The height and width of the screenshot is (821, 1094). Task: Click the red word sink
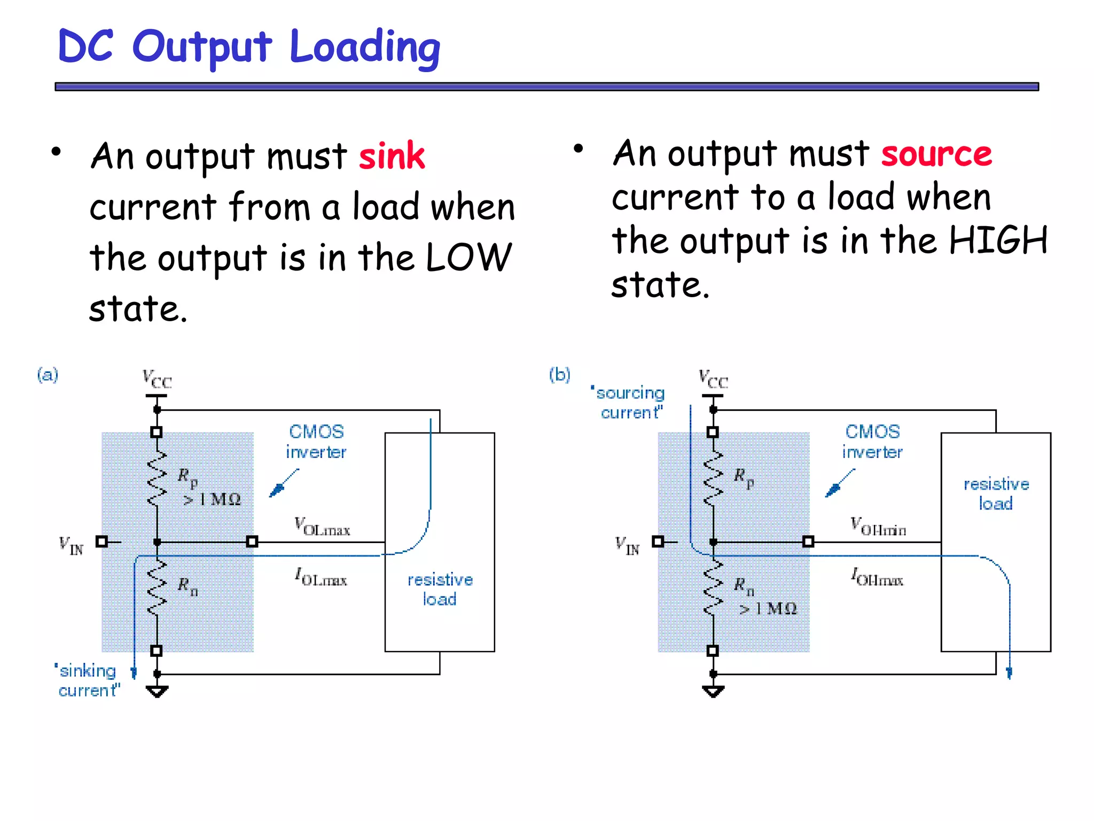(392, 157)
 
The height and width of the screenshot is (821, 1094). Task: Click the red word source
(936, 154)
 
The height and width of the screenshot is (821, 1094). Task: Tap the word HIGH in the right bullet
(998, 241)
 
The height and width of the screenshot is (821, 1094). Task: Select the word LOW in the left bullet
(468, 258)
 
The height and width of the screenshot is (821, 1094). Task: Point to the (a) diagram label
(48, 375)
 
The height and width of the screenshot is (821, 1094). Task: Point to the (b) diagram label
(559, 375)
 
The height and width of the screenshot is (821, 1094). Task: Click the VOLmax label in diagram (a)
(322, 526)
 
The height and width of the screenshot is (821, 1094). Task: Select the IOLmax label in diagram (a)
(321, 577)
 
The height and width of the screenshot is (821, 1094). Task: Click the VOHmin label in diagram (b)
(878, 526)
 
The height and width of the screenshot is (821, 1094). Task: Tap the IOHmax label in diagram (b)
(877, 577)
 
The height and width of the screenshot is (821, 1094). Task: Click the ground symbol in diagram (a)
(157, 692)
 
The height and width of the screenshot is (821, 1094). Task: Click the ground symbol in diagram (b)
(713, 692)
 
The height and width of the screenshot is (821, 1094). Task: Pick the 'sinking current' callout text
(88, 680)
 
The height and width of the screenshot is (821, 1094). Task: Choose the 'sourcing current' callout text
(629, 402)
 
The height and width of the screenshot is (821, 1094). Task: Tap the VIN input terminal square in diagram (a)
(101, 541)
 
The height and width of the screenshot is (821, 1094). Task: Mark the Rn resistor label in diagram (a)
(187, 585)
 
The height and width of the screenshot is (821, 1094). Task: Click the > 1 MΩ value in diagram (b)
(768, 608)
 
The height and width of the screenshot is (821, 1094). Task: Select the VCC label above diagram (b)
(713, 378)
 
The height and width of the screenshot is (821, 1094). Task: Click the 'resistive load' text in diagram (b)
(996, 493)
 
